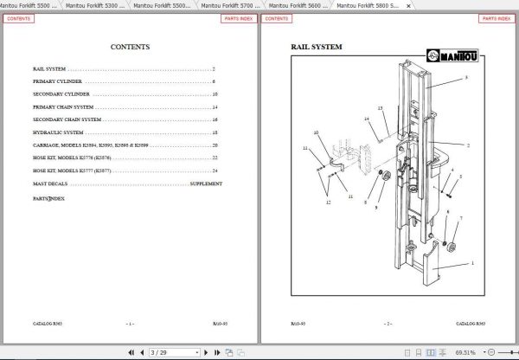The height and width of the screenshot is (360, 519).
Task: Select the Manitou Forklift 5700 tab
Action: coord(229,5)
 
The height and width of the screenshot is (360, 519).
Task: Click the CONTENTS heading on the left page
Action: coord(130,48)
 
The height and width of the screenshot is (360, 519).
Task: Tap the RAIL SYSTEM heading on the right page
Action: coord(316,47)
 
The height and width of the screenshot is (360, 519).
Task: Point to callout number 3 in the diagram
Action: coord(466,78)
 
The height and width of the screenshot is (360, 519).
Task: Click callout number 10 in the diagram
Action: coord(317,132)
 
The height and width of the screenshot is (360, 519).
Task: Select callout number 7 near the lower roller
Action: coord(460,218)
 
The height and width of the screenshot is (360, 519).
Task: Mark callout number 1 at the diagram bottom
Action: coord(471,263)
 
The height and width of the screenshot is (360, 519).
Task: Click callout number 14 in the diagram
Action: coord(367,119)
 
